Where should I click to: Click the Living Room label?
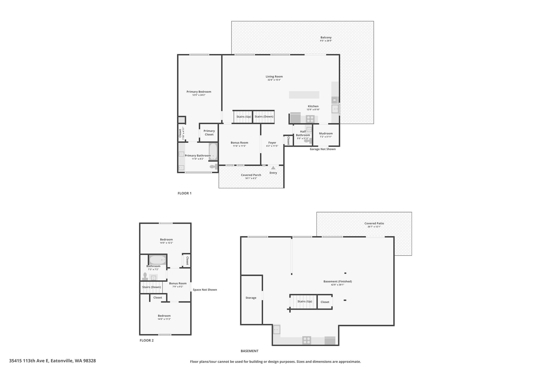coord(274,77)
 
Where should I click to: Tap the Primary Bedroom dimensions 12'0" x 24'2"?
coord(199,95)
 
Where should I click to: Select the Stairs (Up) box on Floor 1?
coord(243,117)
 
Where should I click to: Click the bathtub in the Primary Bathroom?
coord(213,152)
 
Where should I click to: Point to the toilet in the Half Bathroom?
coord(307,140)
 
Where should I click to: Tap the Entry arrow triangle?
coord(273,168)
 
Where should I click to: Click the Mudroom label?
coord(326,133)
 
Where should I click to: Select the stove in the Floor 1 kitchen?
coord(310,119)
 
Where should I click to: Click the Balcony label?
coord(326,37)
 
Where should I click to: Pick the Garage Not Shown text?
coord(323,149)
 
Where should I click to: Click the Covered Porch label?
coord(251,175)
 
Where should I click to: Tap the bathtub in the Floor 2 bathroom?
coord(158,260)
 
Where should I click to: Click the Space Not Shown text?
coord(205,290)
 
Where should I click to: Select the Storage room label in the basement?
coord(251,298)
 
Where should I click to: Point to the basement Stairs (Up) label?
coord(305,301)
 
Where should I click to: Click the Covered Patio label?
coord(374,223)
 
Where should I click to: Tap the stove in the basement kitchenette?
coord(306,340)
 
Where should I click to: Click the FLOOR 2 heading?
coord(147,340)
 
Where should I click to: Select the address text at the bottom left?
coord(52,361)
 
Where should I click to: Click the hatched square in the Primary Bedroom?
coord(182,120)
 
